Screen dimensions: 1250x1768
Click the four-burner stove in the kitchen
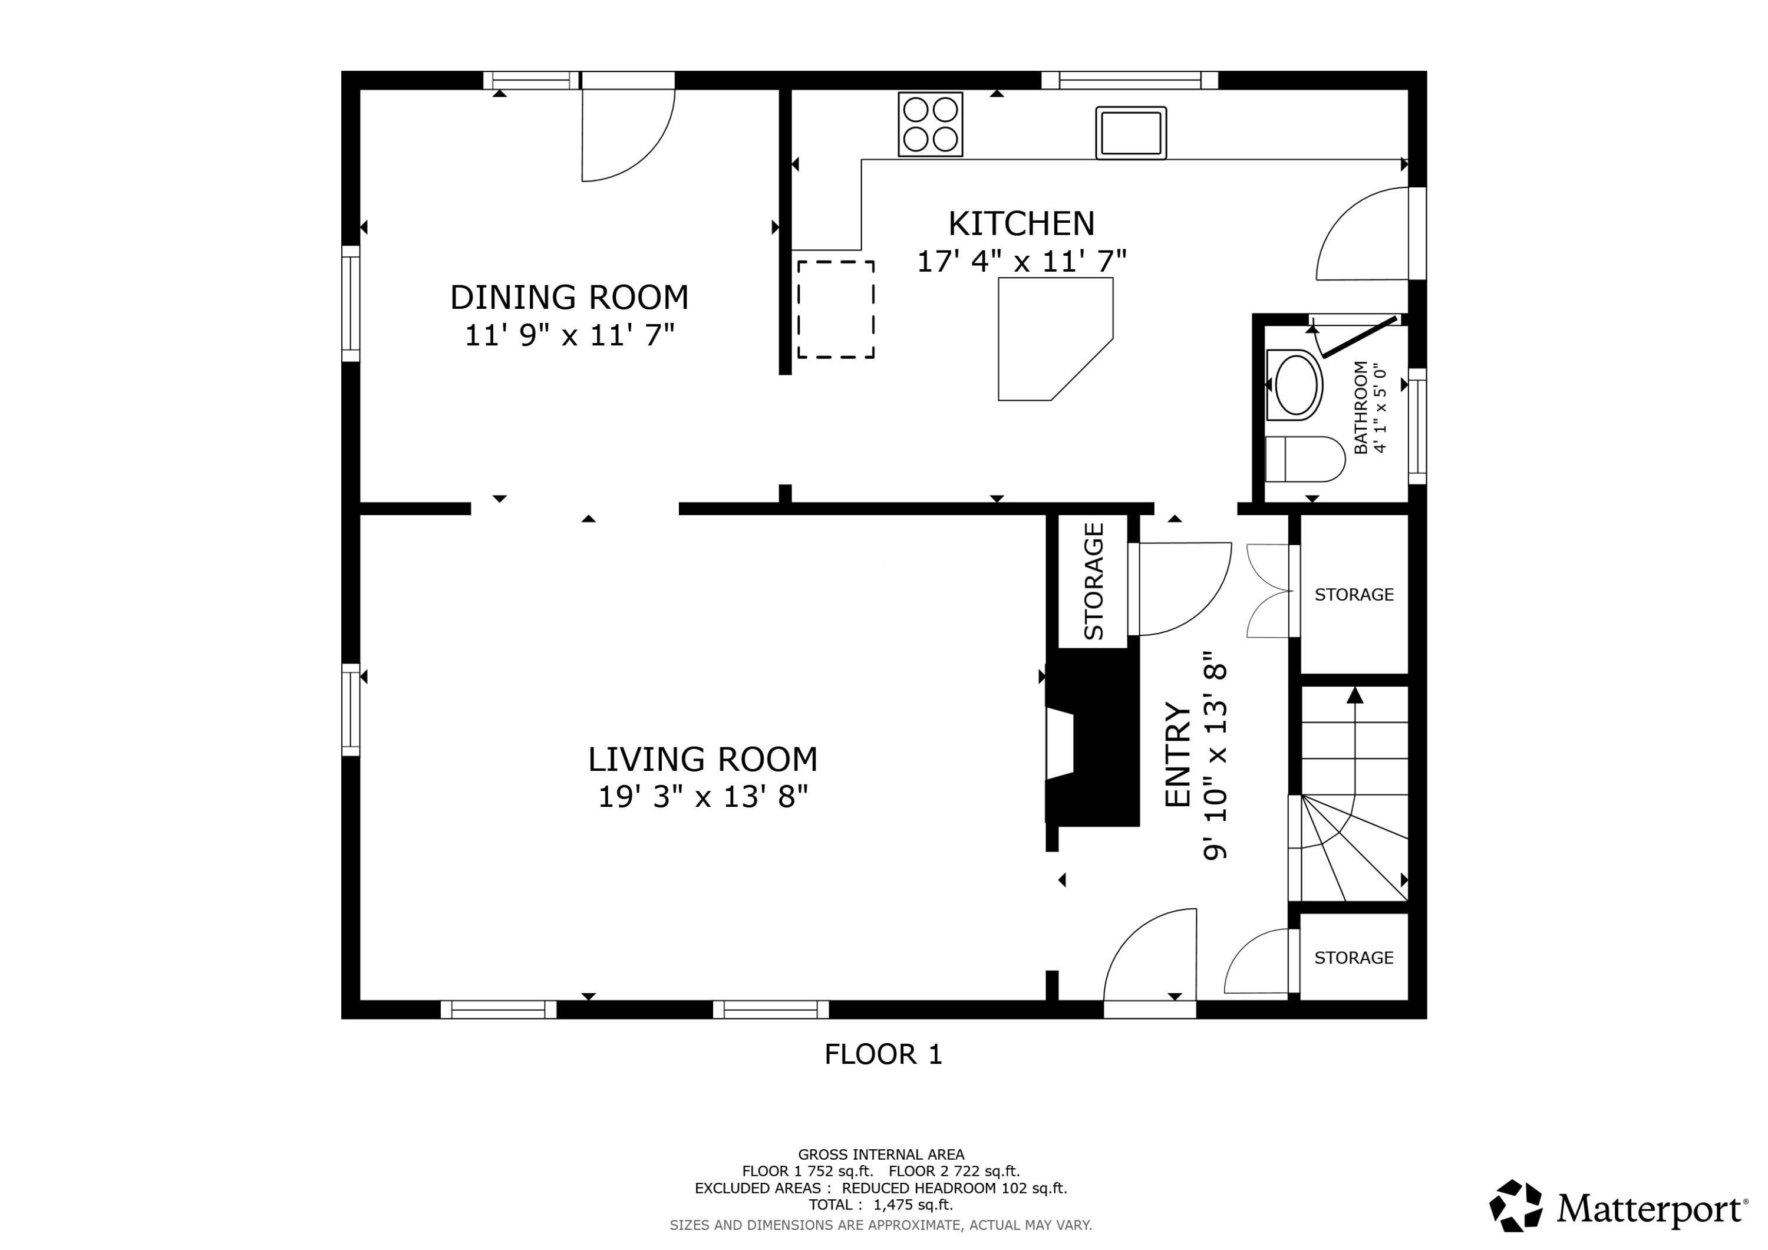tap(930, 124)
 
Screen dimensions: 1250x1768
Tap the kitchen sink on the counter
tap(1130, 133)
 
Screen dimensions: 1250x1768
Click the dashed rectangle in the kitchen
tap(836, 309)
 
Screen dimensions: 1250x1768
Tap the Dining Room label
tap(569, 297)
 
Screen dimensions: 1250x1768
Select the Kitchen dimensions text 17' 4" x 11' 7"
tap(1021, 262)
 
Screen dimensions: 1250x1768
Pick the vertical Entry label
tap(1177, 755)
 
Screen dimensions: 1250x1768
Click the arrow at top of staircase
tap(1354, 695)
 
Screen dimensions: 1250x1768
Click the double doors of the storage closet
tap(1268, 591)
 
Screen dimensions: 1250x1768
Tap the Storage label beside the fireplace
tap(1093, 582)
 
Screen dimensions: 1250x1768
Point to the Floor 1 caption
tap(883, 1054)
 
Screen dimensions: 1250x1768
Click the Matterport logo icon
tap(1515, 1205)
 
